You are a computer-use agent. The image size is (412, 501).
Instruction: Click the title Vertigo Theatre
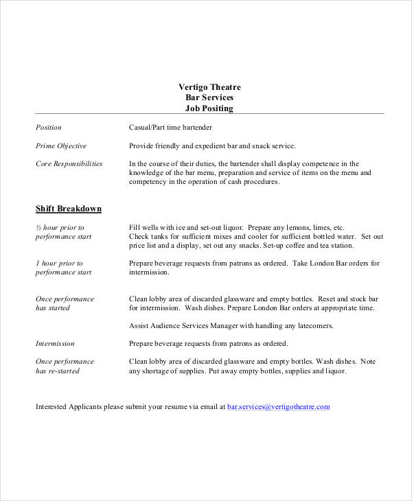(209, 87)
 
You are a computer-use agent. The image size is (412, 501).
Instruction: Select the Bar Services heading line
(209, 97)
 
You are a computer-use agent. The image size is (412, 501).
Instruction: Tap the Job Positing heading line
(209, 108)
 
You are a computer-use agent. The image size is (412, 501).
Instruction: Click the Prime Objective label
(61, 145)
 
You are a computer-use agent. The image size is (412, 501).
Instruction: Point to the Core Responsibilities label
(69, 163)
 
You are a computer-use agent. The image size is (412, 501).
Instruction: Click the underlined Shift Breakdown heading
(69, 209)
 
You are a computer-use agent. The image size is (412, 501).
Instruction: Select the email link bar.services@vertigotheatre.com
(279, 406)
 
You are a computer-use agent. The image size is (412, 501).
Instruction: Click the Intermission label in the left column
(55, 343)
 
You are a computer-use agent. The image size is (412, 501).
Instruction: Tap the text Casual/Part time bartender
(170, 128)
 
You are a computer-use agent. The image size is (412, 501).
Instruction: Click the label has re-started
(58, 371)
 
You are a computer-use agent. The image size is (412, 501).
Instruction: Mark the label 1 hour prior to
(59, 263)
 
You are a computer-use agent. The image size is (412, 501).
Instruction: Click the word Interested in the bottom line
(53, 406)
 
